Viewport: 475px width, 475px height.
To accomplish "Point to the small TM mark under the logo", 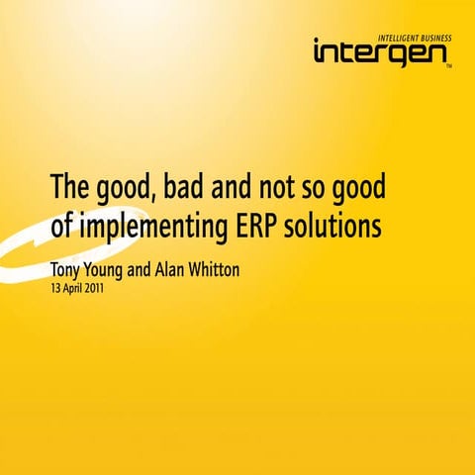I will [448, 68].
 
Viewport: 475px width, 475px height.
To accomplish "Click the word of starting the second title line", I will [61, 226].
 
